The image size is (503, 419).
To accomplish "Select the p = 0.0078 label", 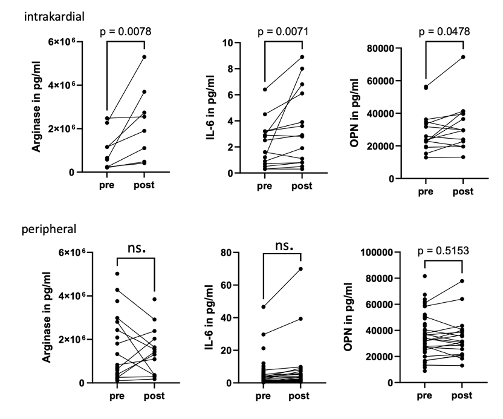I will coord(133,31).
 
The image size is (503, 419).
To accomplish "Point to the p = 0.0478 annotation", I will coord(443,31).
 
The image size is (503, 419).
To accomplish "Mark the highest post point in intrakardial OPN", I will coord(463,57).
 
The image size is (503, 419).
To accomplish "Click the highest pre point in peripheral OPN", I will coord(426,276).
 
